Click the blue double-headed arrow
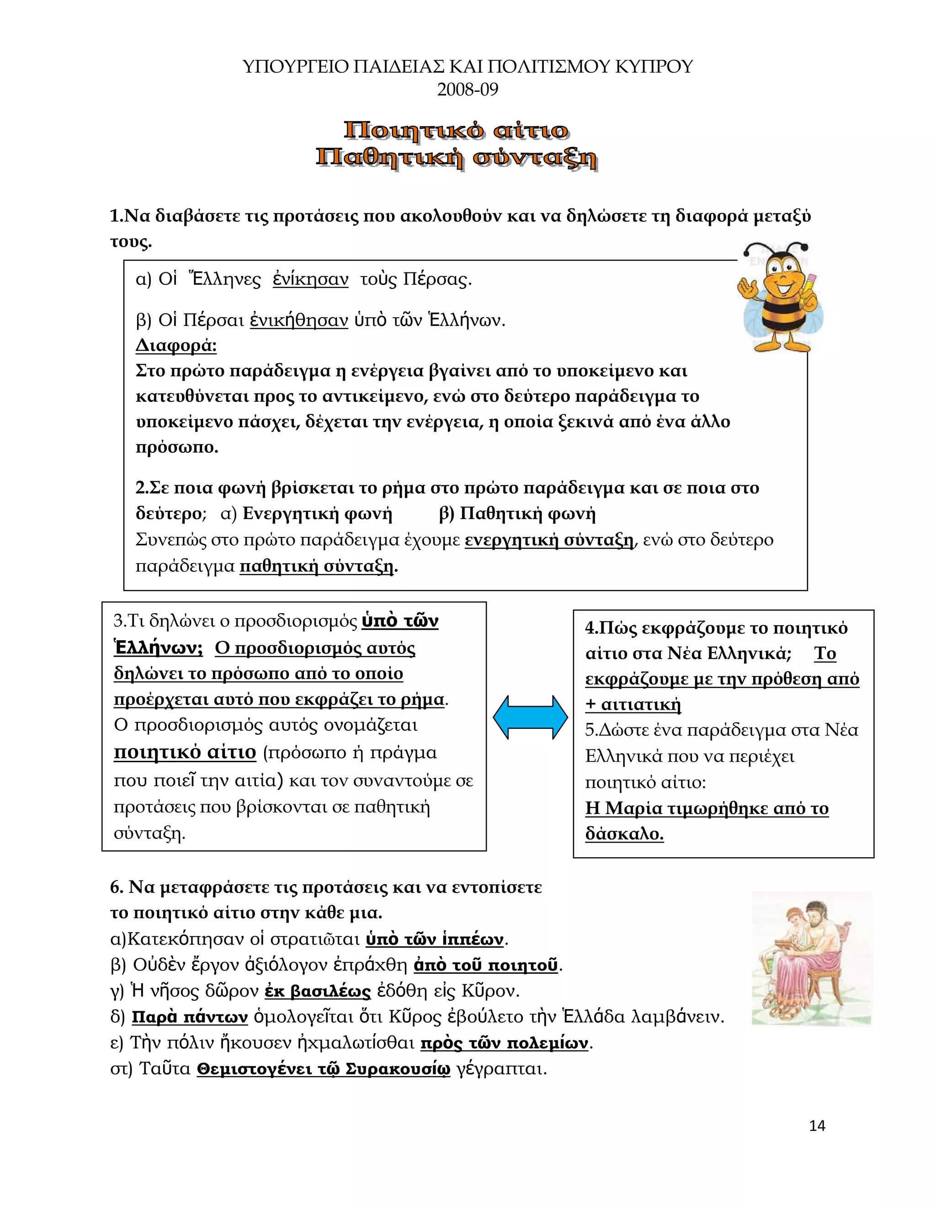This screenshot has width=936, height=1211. pyautogui.click(x=530, y=717)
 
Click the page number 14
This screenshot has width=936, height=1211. pyautogui.click(x=817, y=1126)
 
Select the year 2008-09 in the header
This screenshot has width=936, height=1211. pyautogui.click(x=468, y=89)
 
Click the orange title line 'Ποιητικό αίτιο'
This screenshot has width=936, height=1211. pyautogui.click(x=456, y=131)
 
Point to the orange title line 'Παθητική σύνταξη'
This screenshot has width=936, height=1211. pyautogui.click(x=456, y=158)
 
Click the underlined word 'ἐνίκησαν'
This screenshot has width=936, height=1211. pyautogui.click(x=310, y=279)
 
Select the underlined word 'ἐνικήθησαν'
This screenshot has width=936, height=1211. pyautogui.click(x=299, y=320)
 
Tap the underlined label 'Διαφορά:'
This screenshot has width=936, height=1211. pyautogui.click(x=176, y=346)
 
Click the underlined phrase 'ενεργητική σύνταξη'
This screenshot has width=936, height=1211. pyautogui.click(x=549, y=540)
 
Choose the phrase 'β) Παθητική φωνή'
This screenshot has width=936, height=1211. pyautogui.click(x=517, y=514)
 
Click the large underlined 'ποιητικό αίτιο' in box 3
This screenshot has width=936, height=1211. pyautogui.click(x=185, y=753)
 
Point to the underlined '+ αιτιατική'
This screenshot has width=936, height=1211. pyautogui.click(x=633, y=705)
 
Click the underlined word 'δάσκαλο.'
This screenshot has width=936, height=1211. pyautogui.click(x=624, y=834)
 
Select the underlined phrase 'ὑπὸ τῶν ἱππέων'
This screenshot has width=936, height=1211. pyautogui.click(x=435, y=939)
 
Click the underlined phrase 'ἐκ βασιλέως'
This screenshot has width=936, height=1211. pyautogui.click(x=318, y=991)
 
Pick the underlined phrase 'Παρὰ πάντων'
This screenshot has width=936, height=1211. pyautogui.click(x=190, y=1017)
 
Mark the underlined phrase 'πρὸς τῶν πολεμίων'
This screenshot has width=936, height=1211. pyautogui.click(x=504, y=1043)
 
